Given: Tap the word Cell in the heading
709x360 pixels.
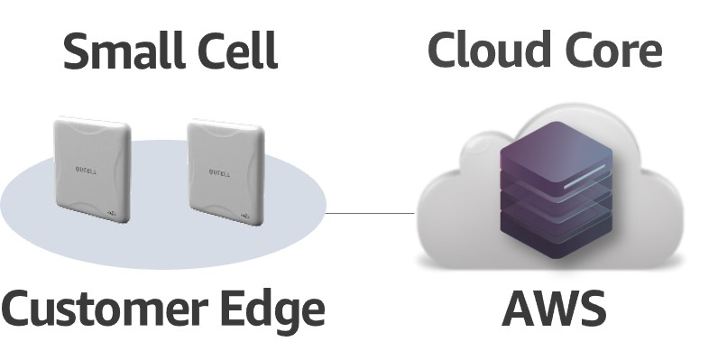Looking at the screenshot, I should [x=236, y=51].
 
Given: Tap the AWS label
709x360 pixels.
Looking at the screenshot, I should [x=553, y=309].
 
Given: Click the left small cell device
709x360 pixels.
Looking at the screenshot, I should [x=92, y=169].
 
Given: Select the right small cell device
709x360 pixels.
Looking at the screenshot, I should [x=226, y=171].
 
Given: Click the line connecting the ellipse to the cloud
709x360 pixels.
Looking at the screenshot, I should [x=369, y=214].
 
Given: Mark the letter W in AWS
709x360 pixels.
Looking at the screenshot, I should [x=555, y=309].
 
